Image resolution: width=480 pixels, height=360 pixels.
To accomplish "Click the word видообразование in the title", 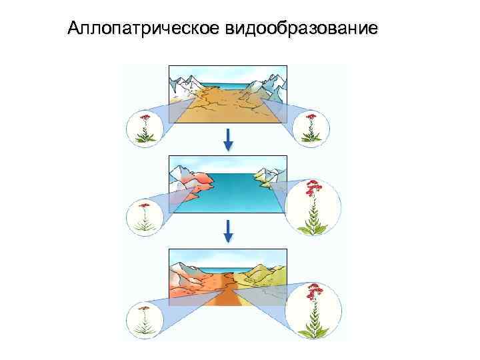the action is [295, 29].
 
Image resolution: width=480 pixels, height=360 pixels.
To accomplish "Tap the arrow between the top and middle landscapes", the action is [228, 139].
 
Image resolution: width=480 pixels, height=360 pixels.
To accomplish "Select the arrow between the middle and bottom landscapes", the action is [228, 230].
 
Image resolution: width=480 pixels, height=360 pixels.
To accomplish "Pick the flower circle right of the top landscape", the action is [309, 126].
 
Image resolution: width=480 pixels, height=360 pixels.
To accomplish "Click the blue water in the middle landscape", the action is [233, 193].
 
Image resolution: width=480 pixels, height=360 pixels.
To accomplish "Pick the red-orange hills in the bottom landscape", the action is [193, 280].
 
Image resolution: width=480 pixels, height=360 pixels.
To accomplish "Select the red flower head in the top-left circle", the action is [145, 119].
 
